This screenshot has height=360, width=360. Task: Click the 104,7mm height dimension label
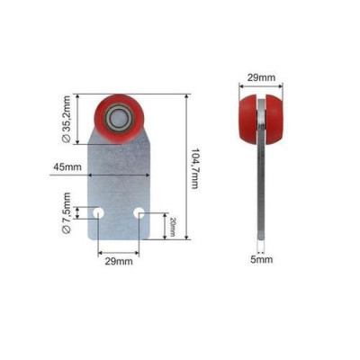point(195,168)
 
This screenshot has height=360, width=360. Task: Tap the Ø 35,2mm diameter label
point(66,119)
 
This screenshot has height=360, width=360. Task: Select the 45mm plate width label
point(67,166)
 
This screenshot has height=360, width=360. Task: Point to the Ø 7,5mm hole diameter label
point(66,212)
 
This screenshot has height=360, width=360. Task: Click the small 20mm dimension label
point(173,227)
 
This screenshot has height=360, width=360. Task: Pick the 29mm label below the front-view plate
point(119,261)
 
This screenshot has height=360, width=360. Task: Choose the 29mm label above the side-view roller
point(261,77)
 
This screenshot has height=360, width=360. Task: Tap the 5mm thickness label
point(262,259)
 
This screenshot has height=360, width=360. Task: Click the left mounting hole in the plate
point(98,213)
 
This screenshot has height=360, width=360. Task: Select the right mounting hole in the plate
point(139,213)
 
